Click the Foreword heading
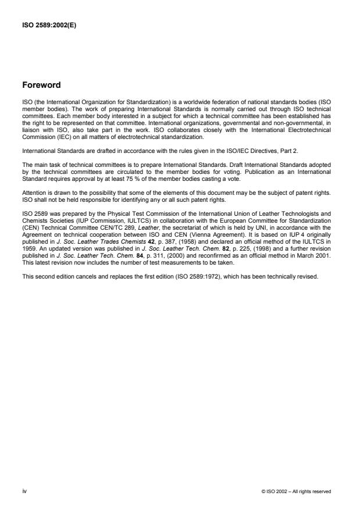point(41,85)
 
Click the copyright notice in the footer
point(297,491)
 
